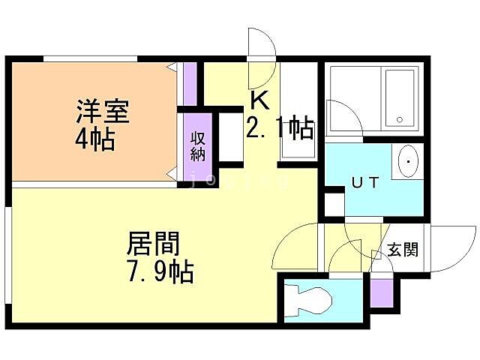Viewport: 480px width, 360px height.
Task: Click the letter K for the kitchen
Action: (258, 100)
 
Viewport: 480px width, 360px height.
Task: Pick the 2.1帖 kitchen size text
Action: (279, 128)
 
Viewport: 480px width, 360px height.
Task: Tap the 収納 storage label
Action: (197, 147)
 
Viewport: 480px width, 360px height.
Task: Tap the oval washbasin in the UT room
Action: (407, 160)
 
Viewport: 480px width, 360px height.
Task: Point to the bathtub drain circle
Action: (400, 119)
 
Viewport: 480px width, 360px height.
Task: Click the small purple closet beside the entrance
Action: (381, 290)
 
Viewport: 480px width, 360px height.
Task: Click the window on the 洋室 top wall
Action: (90, 58)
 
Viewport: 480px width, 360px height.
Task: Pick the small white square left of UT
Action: (334, 204)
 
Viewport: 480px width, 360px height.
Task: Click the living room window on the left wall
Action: (7, 255)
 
